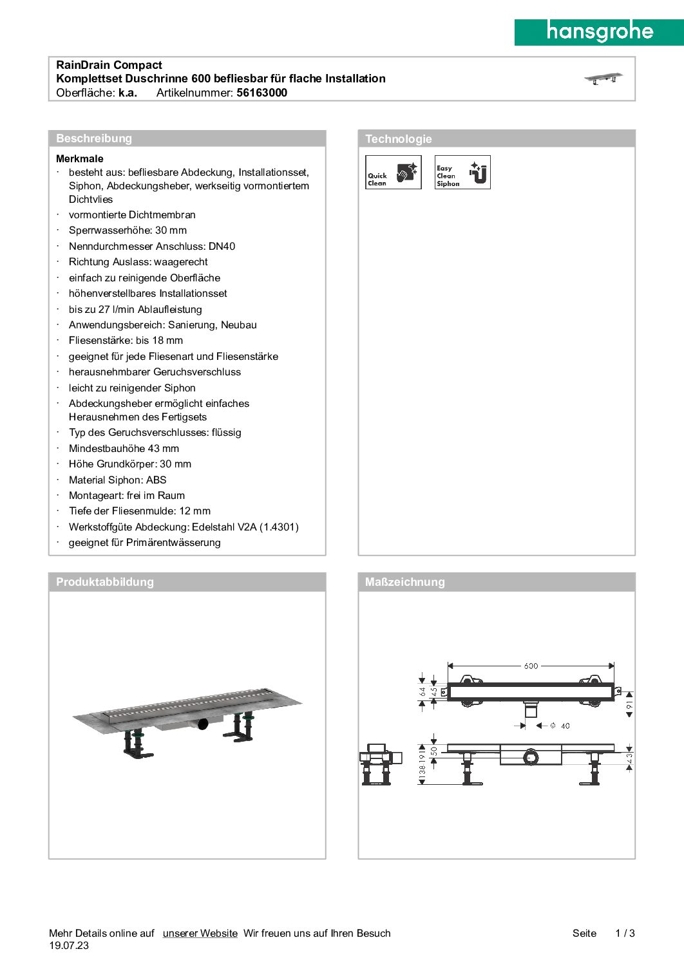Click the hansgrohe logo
coord(599,32)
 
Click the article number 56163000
coord(261,93)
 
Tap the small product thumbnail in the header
coord(603,79)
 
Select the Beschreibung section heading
coord(94,138)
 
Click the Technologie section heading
coord(398,139)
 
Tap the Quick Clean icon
coord(394,173)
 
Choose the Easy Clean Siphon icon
coord(462,173)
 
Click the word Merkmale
coord(80,159)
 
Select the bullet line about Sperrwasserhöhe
coord(128,230)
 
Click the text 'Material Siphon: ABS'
coord(117,480)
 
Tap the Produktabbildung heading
coord(105,582)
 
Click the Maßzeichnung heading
coord(404,582)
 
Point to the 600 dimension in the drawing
coord(531,666)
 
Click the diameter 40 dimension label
coord(561,726)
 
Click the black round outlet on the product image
coord(203,724)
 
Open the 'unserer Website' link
coord(200,934)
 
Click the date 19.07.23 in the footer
coord(69,946)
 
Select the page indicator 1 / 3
coord(625,934)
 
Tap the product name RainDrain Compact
coord(109,65)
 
